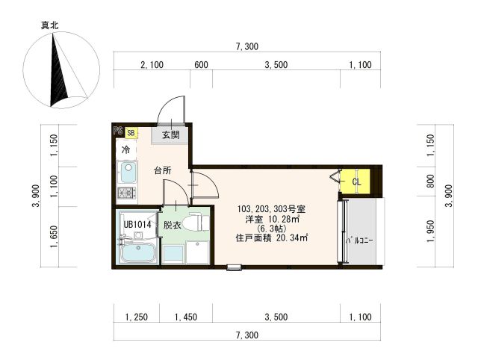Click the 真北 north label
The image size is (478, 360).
click(50, 25)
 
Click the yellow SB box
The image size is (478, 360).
click(131, 133)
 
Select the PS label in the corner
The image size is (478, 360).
click(118, 131)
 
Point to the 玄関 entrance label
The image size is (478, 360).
click(171, 134)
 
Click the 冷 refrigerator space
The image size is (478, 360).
click(126, 150)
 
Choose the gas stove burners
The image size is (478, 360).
click(127, 193)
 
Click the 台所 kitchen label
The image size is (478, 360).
click(163, 170)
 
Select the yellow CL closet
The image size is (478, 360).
click(356, 181)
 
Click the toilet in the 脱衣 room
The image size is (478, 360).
click(196, 223)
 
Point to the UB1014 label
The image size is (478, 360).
click(137, 225)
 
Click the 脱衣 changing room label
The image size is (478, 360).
click(173, 226)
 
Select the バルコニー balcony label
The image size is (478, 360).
click(360, 240)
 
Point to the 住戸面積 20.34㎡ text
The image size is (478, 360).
click(271, 238)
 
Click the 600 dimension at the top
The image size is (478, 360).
click(201, 65)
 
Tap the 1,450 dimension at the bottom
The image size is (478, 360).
click(186, 317)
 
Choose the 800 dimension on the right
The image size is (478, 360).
click(430, 181)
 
